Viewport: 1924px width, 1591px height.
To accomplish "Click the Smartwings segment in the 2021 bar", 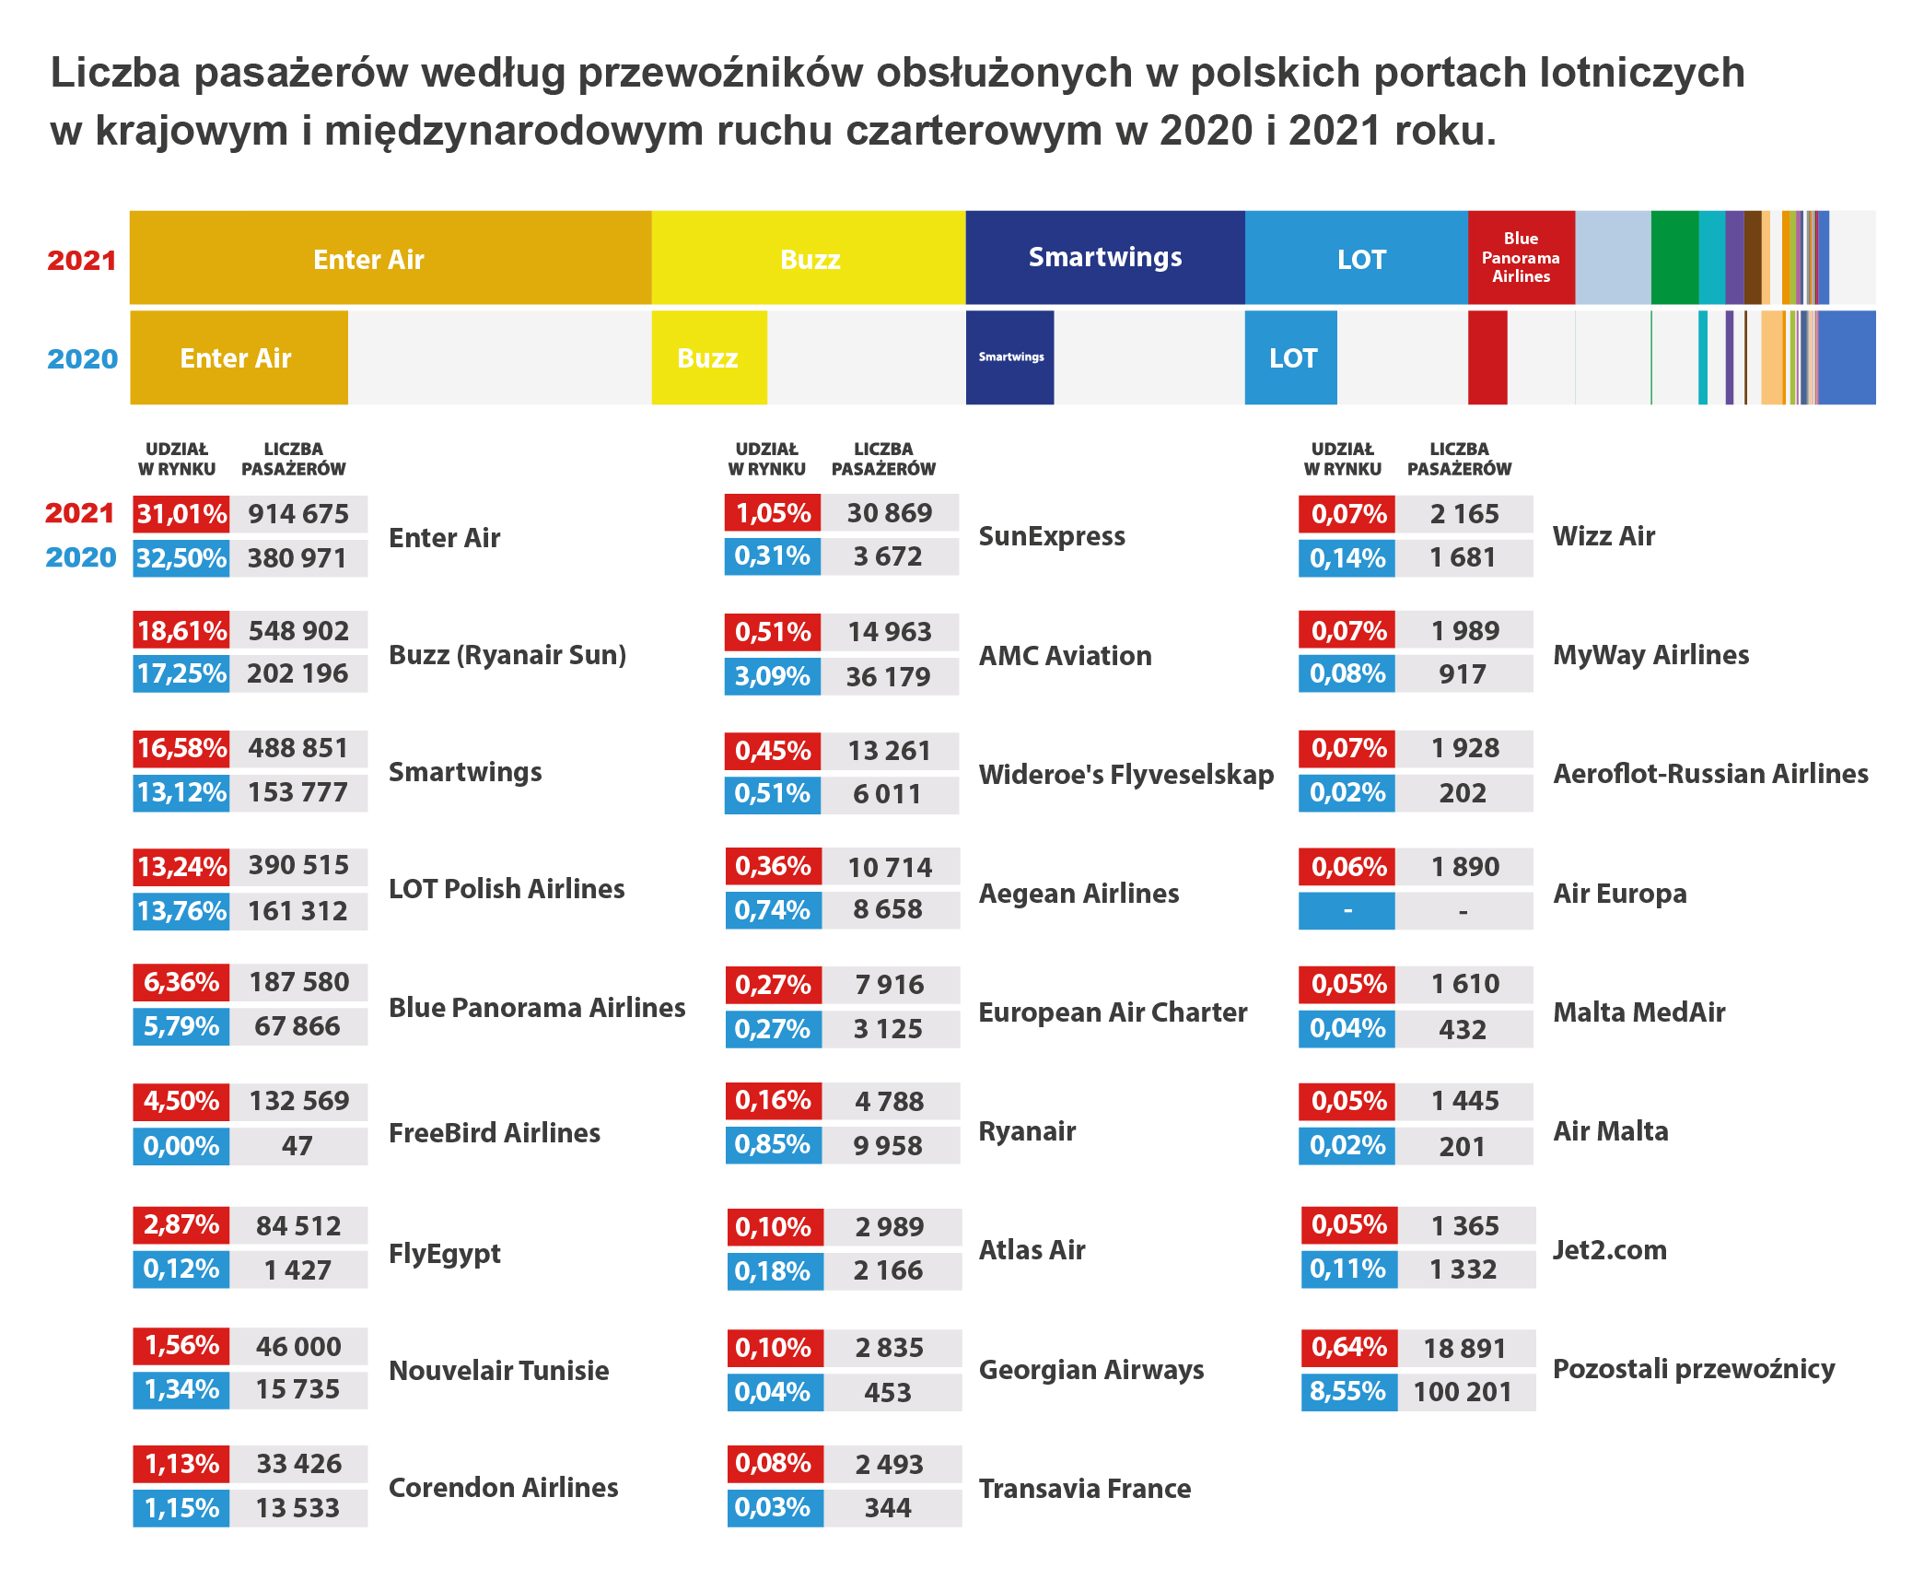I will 1104,258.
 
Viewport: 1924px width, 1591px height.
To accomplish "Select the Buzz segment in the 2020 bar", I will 708,357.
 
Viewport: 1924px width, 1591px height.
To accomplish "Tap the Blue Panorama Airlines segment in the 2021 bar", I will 1521,258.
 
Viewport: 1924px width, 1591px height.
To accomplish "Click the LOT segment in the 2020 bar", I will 1291,357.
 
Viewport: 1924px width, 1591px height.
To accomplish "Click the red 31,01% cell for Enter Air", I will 181,513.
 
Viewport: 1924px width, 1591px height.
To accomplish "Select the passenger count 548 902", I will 298,631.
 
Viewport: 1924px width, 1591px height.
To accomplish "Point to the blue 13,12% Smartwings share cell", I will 181,792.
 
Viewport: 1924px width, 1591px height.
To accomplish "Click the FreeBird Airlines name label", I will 494,1132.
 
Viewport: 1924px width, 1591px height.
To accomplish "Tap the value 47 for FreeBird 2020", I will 297,1146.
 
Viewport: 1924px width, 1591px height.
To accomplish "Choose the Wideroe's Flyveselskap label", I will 1125,775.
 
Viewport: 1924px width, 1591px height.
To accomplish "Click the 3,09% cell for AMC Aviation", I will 772,676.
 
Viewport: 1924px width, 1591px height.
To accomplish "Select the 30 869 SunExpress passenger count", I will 889,513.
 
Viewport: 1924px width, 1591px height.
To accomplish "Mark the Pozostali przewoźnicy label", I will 1693,1369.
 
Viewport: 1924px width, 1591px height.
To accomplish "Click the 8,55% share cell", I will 1347,1391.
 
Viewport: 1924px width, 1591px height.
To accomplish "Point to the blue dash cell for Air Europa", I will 1347,911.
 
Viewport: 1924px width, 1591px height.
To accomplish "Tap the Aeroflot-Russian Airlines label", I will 1709,774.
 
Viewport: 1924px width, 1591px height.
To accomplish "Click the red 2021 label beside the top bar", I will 81,261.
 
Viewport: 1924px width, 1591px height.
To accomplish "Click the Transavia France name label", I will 1084,1489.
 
